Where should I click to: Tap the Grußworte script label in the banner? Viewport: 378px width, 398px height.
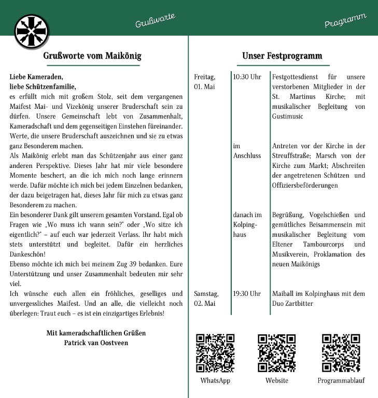pos(155,21)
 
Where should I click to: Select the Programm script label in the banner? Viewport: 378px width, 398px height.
pos(345,21)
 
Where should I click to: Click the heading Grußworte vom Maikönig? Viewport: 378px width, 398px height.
pos(92,55)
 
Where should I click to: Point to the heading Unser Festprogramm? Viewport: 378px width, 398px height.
pos(282,55)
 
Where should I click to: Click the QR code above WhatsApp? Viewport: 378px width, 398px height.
pos(215,353)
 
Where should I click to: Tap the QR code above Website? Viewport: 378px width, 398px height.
pos(277,353)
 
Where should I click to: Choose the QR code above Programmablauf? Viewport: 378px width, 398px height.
pos(341,353)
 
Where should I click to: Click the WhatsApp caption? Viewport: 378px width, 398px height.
pos(215,381)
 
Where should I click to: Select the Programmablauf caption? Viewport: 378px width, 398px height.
pos(341,381)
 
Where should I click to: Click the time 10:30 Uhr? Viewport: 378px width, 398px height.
pos(247,77)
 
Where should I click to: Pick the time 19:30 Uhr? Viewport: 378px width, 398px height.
pos(247,294)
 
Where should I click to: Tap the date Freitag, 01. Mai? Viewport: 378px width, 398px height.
pos(204,81)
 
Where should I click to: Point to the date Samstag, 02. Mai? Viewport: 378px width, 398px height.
pos(206,298)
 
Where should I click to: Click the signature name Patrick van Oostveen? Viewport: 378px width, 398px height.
pos(96,343)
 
